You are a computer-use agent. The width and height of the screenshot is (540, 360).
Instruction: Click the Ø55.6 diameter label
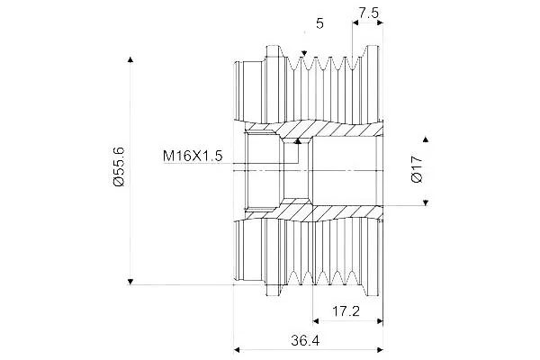(x=119, y=166)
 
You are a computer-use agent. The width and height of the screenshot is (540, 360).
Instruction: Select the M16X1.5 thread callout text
(x=193, y=156)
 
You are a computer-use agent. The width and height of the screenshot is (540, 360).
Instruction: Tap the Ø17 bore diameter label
(x=417, y=169)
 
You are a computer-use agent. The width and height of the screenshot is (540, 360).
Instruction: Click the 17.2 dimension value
(x=346, y=311)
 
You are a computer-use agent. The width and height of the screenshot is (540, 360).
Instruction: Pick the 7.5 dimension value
(x=368, y=13)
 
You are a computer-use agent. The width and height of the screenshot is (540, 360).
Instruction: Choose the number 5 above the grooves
(x=319, y=23)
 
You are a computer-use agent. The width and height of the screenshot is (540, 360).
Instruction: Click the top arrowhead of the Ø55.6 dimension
(x=130, y=59)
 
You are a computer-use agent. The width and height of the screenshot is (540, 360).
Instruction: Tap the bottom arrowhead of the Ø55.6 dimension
(x=130, y=282)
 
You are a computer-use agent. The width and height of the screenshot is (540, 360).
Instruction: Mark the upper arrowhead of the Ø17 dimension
(x=426, y=139)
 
